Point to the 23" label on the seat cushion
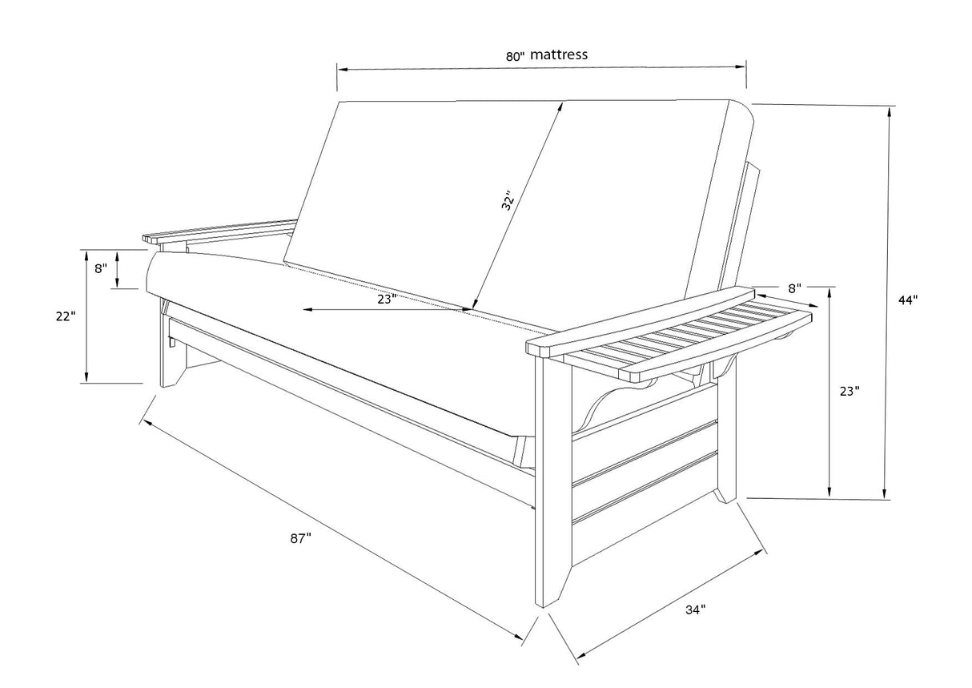pos(388,299)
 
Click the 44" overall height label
pos(907,300)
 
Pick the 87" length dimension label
pos(300,539)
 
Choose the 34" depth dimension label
pos(696,610)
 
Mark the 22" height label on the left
pos(66,316)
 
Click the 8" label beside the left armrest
pos(101,268)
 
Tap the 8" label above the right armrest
pos(793,288)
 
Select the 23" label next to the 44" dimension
pos(849,391)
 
